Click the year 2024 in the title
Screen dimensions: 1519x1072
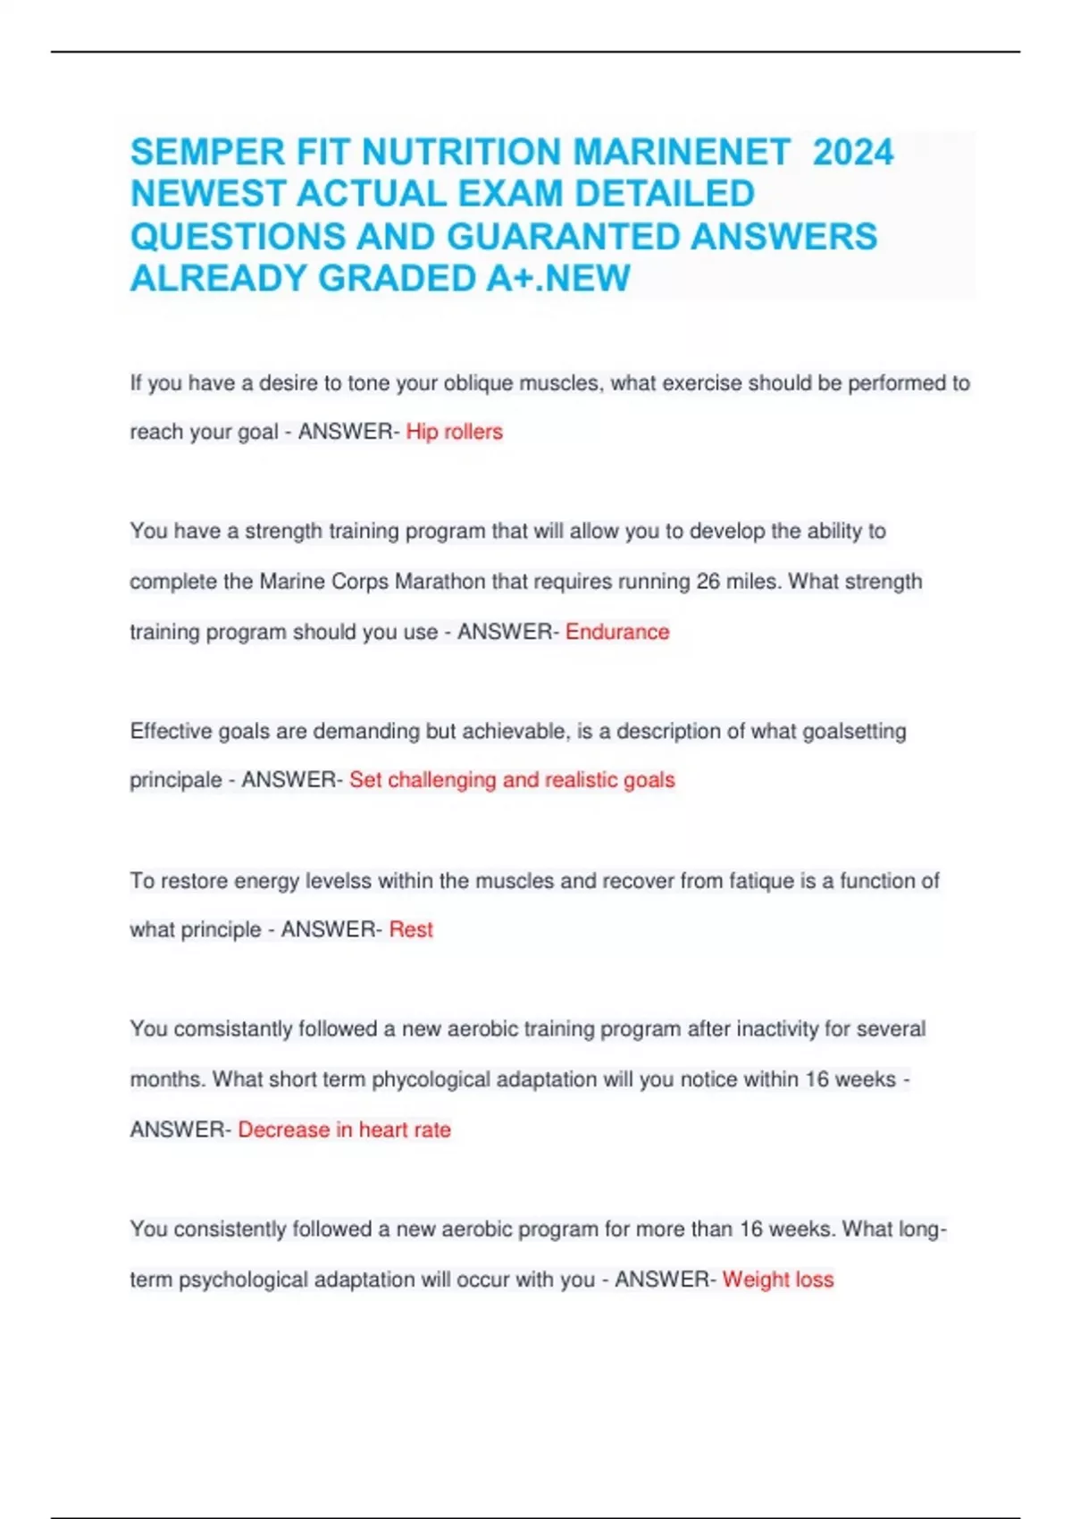[853, 152]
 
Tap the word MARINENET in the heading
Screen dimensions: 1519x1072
[682, 152]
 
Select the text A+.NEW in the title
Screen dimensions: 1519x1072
[558, 279]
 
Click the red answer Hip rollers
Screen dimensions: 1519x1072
[454, 432]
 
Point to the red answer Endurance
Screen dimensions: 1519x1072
[617, 633]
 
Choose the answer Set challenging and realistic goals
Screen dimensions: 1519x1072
[512, 780]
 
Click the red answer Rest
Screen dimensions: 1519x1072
[411, 930]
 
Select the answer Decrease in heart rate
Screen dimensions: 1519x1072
[344, 1130]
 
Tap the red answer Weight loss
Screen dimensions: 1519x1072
[778, 1280]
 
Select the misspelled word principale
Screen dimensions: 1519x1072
[175, 781]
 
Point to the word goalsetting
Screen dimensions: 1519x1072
[854, 732]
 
